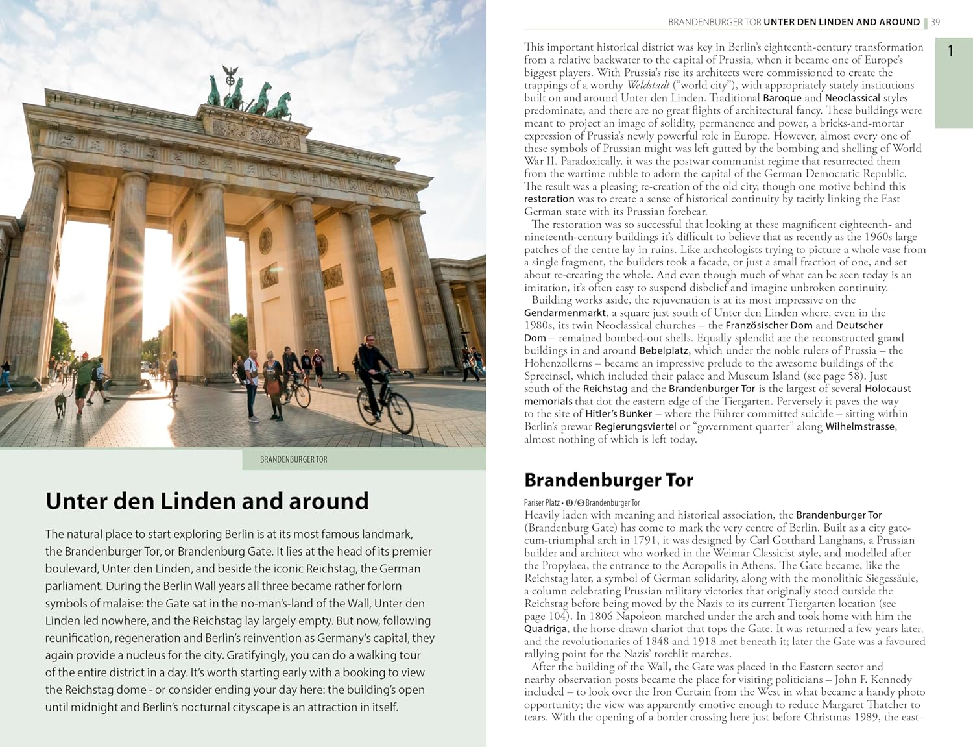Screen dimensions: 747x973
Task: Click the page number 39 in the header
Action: click(x=935, y=22)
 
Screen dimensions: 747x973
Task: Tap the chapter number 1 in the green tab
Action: click(x=950, y=51)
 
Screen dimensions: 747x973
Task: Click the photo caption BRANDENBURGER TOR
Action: click(x=293, y=459)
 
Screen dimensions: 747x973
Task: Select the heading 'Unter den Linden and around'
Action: click(x=207, y=501)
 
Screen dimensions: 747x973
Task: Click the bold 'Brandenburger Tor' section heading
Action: click(x=608, y=480)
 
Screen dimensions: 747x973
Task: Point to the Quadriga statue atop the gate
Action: click(x=250, y=97)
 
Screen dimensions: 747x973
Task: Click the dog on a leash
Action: click(x=61, y=404)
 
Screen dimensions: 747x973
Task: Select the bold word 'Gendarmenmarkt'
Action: click(x=565, y=313)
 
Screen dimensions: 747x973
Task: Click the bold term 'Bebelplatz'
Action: click(x=664, y=350)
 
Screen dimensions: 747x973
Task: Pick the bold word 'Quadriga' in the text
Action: click(x=546, y=628)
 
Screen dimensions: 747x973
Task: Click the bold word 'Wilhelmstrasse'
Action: click(x=860, y=426)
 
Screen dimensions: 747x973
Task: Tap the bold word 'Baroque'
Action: click(x=782, y=98)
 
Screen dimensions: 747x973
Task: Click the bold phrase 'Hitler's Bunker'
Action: click(x=618, y=414)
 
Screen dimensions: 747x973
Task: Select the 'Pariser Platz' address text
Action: click(x=542, y=503)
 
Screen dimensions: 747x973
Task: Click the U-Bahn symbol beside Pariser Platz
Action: click(x=569, y=503)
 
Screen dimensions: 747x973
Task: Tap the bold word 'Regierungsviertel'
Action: click(x=636, y=426)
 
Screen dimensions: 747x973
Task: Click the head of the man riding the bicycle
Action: click(x=368, y=340)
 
